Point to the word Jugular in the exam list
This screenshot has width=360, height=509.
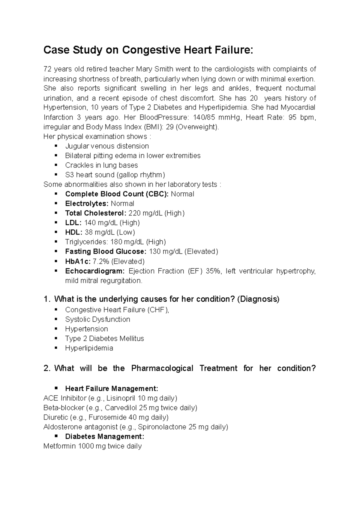click(77, 146)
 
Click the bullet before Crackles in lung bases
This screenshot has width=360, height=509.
click(56, 165)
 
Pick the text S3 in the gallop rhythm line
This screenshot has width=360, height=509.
click(69, 175)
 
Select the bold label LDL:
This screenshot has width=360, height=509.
click(73, 223)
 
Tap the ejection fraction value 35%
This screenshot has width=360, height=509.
click(214, 271)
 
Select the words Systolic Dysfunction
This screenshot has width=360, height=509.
click(97, 319)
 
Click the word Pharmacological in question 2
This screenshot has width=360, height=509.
click(162, 368)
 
